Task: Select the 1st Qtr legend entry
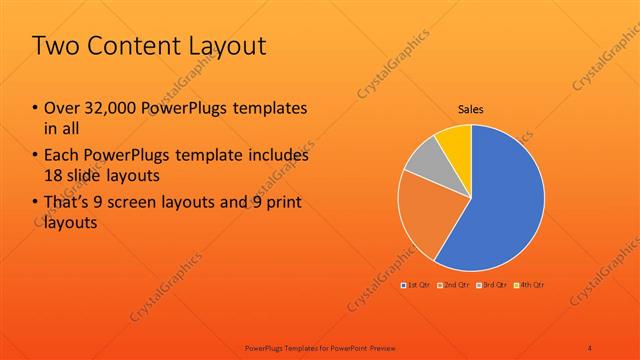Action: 414,285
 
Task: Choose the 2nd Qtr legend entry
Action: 454,285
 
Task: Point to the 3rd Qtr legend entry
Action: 493,285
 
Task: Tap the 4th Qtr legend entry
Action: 529,285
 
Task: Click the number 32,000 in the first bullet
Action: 110,108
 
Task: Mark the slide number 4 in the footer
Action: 589,347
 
